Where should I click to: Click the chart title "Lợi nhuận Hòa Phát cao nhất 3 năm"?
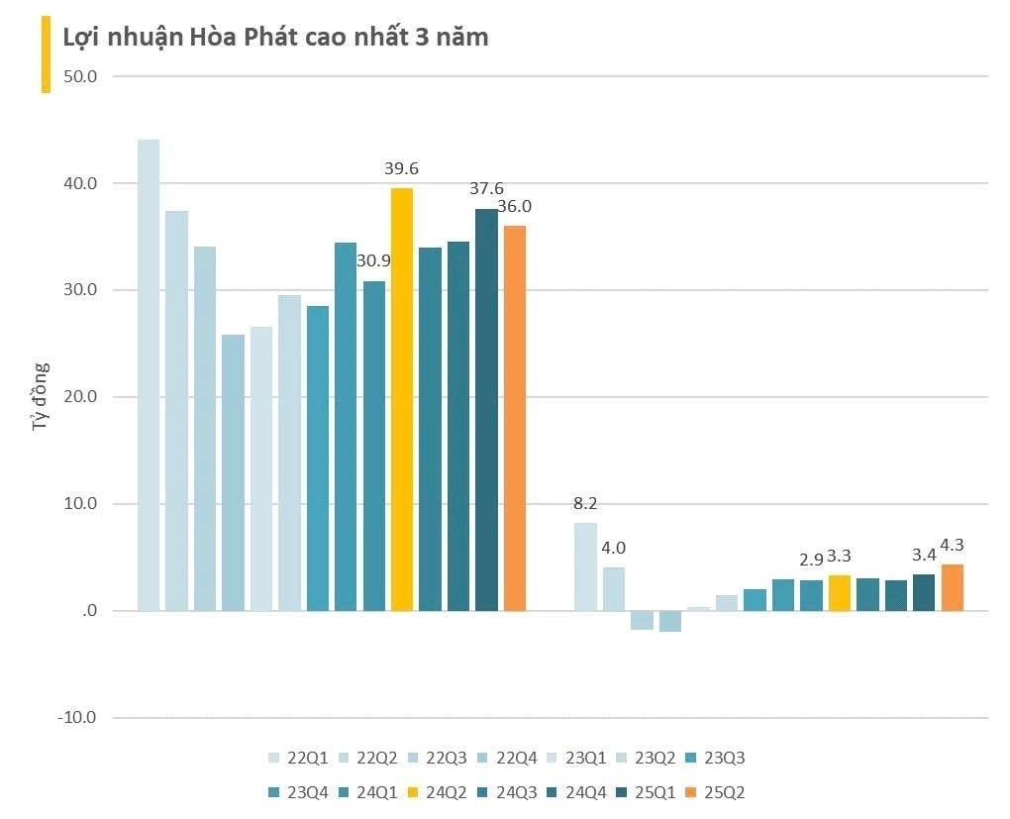275,38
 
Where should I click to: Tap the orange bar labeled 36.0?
515,417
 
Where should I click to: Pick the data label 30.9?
374,262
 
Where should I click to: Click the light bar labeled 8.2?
586,566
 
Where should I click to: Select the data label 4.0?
614,548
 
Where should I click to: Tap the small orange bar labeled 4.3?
953,587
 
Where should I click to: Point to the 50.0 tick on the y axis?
78,76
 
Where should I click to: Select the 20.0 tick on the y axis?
78,397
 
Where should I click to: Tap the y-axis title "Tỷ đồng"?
41,400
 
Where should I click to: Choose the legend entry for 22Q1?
298,759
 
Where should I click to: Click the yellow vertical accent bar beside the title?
46,55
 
